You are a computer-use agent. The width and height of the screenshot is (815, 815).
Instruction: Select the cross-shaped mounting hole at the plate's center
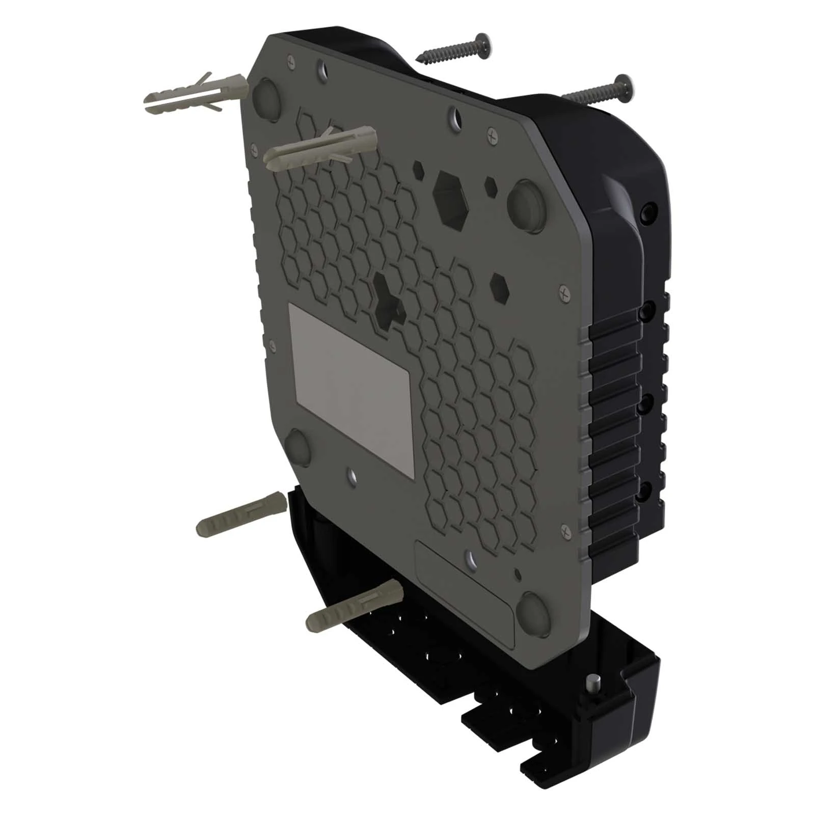[x=389, y=298]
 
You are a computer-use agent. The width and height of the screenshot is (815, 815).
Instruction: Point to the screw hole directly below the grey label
[x=352, y=476]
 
